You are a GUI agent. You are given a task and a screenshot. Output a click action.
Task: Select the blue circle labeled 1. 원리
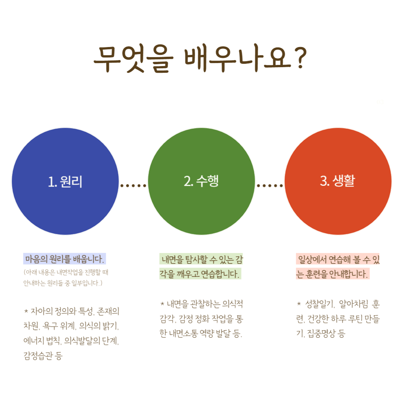[x=65, y=181]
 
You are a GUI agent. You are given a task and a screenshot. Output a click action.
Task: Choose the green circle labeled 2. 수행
[x=201, y=181]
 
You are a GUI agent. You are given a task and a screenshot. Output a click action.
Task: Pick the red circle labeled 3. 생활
[x=338, y=181]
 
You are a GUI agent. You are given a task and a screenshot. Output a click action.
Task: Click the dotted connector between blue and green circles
[x=133, y=185]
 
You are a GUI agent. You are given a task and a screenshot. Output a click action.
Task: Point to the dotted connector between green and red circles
[x=269, y=185]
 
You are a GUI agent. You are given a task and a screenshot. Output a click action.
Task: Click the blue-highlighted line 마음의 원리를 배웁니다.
[x=65, y=258]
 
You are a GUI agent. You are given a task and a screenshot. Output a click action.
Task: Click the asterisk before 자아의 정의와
[x=26, y=310]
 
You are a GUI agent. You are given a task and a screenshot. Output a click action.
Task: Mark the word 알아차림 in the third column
[x=355, y=304]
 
